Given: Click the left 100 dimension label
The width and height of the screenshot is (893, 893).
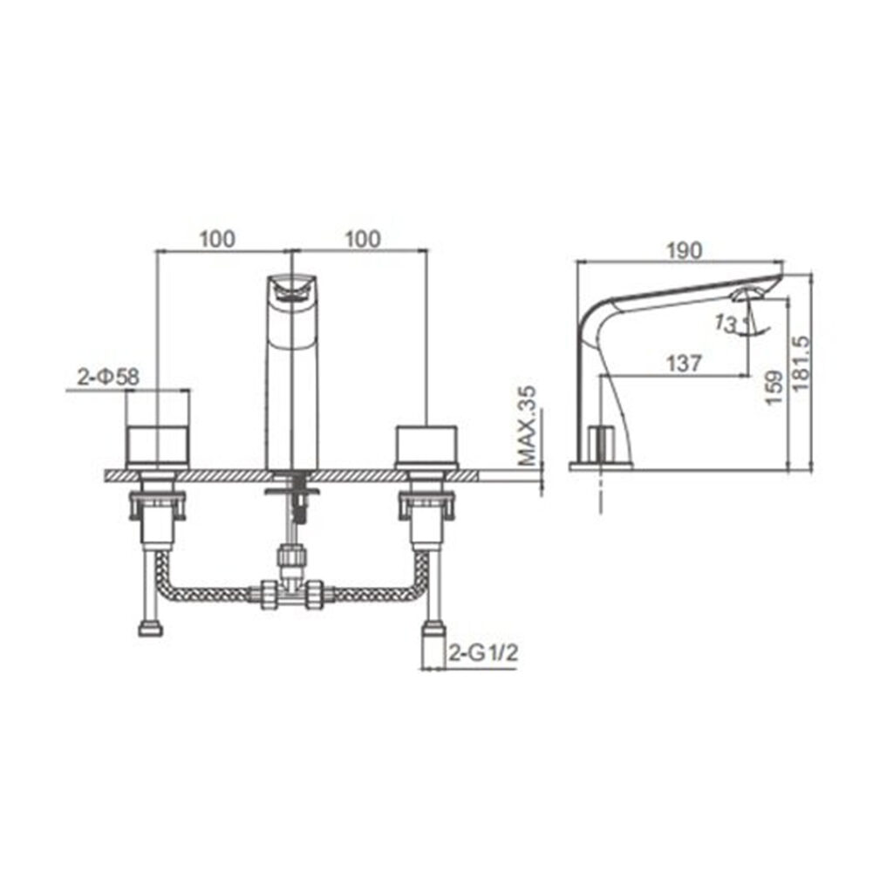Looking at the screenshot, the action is [x=217, y=239].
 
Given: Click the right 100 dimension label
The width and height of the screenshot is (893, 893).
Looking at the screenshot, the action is [x=363, y=239].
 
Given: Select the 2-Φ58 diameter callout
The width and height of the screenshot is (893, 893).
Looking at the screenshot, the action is [x=108, y=377].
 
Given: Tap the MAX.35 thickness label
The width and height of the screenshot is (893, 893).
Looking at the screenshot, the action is [x=528, y=426].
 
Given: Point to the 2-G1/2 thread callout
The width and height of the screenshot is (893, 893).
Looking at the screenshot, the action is [x=483, y=652].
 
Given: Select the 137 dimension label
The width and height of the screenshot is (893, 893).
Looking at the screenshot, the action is [x=684, y=363].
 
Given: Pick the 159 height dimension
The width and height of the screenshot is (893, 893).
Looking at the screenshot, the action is [x=774, y=388].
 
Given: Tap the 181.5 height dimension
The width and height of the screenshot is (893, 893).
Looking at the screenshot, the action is [x=801, y=363].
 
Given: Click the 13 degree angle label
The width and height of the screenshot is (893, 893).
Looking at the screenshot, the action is [x=726, y=324].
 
